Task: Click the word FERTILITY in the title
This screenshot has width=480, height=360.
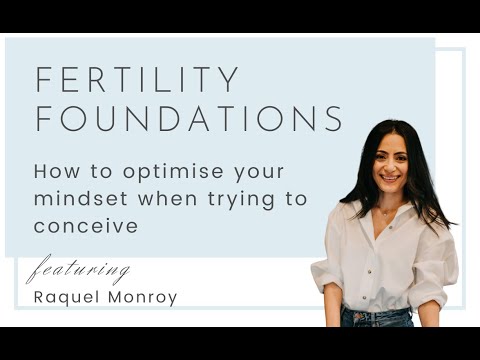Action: (x=137, y=80)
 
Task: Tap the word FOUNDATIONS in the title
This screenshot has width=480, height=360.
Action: (x=189, y=118)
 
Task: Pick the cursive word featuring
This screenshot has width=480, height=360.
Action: (x=79, y=271)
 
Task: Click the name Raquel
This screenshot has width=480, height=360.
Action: (x=66, y=298)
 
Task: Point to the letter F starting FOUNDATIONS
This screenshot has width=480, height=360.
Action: (x=43, y=118)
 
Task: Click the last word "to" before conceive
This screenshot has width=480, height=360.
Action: (x=297, y=198)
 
